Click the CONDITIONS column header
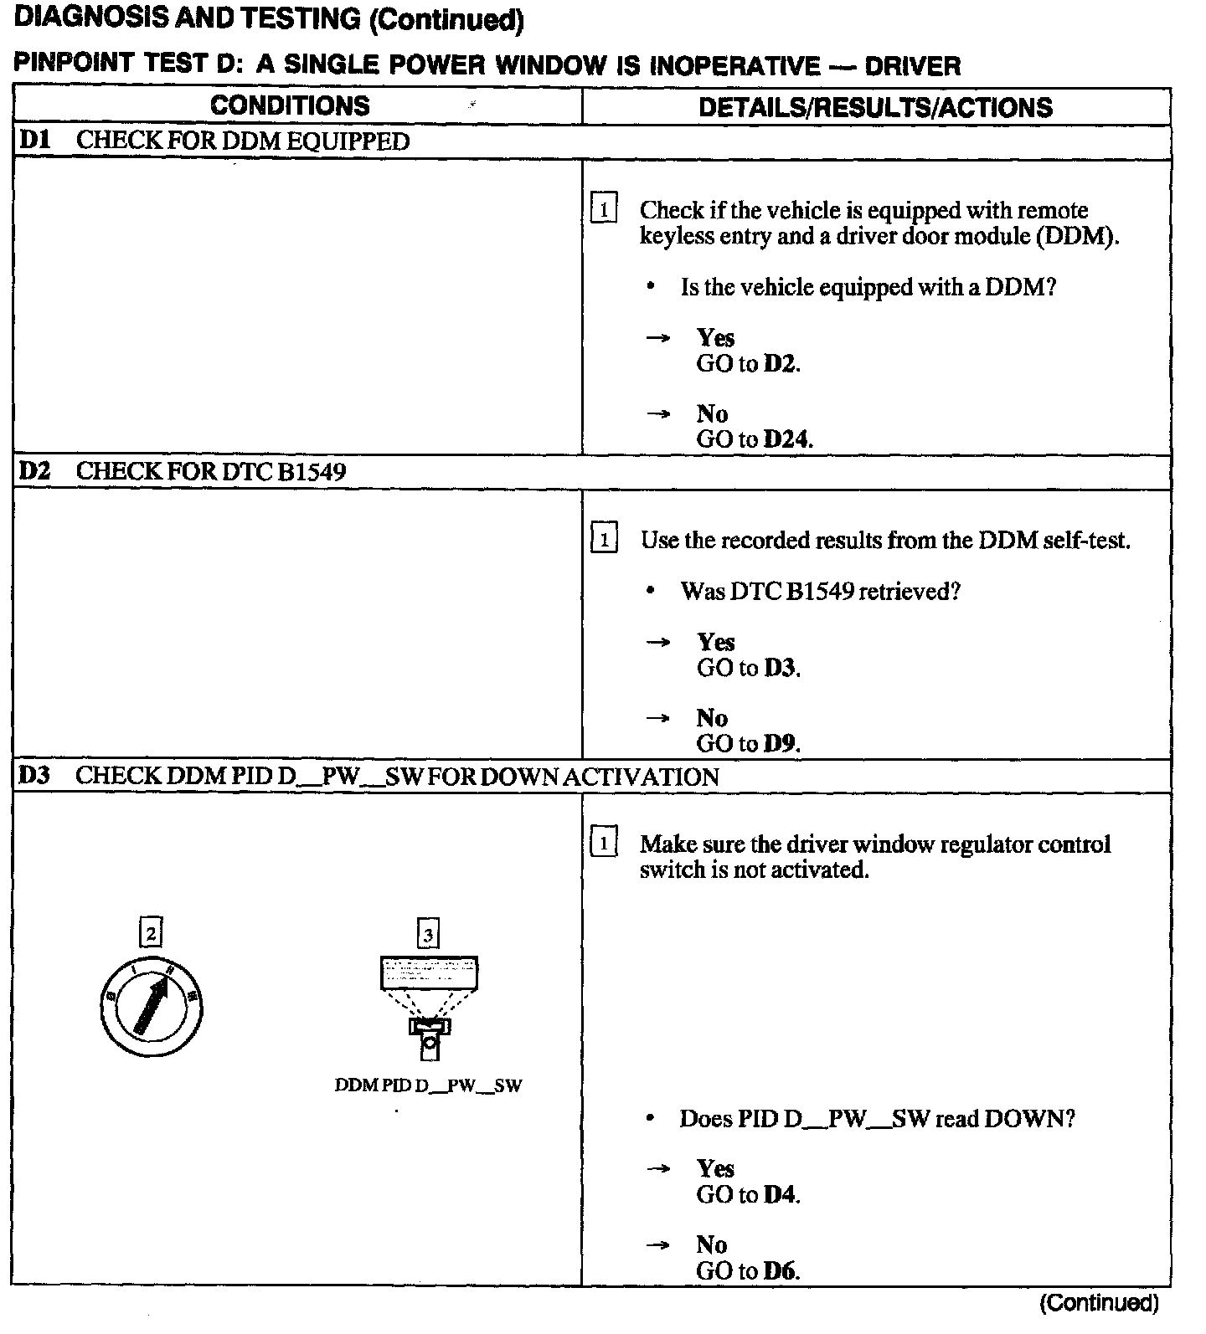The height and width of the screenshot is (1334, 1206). point(290,106)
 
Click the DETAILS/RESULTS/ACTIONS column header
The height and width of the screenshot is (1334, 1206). point(875,107)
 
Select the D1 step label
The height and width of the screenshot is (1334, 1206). point(35,141)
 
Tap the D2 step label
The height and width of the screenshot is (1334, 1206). point(35,471)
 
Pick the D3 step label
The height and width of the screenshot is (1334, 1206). point(35,775)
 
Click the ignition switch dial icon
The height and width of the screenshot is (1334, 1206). point(151,1005)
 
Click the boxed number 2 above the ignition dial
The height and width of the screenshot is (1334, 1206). point(151,932)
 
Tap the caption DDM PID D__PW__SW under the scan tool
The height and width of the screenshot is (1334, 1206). point(428,1086)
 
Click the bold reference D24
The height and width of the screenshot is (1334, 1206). point(788,439)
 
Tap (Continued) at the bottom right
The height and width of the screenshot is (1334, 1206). point(1099,1303)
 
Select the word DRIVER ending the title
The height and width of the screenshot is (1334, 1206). point(912,66)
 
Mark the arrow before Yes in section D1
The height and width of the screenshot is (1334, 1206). point(658,338)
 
